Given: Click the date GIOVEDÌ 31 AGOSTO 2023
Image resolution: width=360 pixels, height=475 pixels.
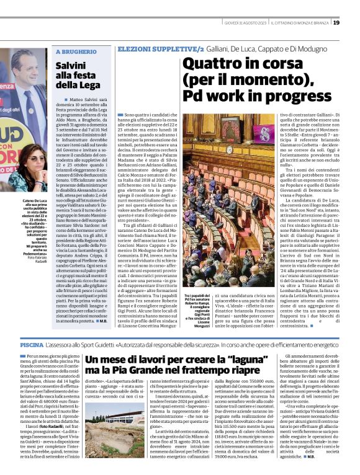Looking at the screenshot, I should coord(246,23).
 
